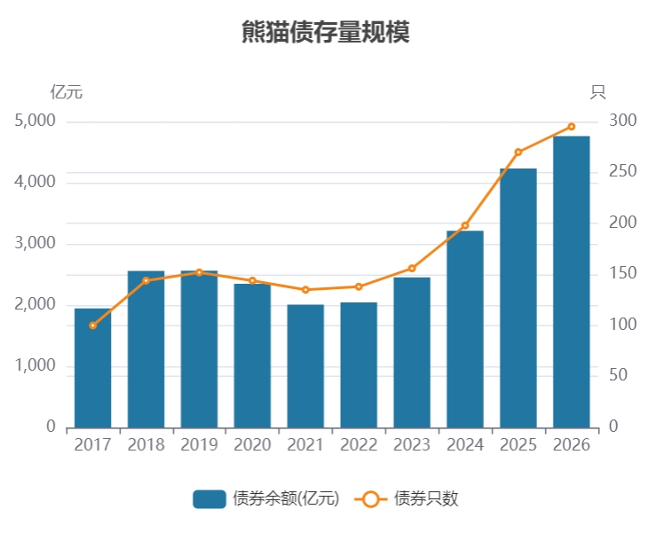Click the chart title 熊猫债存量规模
pos(325,33)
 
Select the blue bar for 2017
pos(92,368)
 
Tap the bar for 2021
pos(305,366)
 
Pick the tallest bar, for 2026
pos(571,282)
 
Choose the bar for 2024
pos(465,329)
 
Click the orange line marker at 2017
pos(92,325)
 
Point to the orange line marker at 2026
pos(571,127)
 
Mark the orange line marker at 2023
pos(412,268)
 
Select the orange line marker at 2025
pos(518,153)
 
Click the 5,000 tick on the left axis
pos(35,121)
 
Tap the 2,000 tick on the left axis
pos(35,305)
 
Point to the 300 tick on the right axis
pos(622,121)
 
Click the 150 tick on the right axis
pos(622,274)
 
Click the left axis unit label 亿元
pos(66,91)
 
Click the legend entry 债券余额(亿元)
pos(266,498)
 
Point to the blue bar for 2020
pos(252,356)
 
